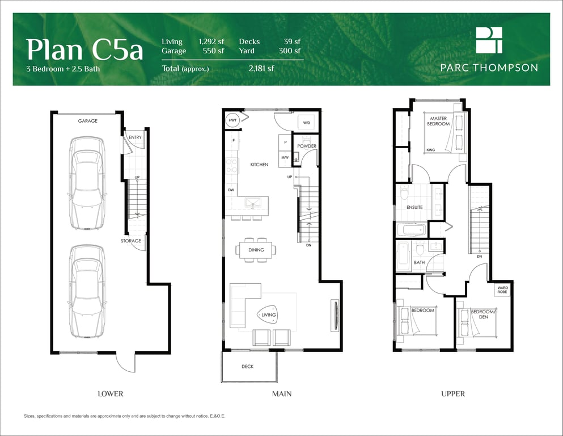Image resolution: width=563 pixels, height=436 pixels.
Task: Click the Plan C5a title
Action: pos(84,49)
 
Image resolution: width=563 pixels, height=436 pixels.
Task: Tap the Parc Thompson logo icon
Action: pos(489,40)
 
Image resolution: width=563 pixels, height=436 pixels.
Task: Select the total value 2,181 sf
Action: pos(261,68)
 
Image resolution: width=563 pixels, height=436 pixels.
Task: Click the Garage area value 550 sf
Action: pos(213,51)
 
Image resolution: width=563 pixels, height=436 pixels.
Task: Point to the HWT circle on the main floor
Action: pos(232,120)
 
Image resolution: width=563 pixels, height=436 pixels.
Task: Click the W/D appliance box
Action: pos(307,122)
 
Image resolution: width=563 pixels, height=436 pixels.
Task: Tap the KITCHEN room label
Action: pos(259,165)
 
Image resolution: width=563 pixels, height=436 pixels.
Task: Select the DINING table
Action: pos(256,250)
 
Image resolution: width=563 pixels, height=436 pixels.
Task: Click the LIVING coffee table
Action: pos(268,315)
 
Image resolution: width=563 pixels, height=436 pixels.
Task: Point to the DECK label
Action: pos(247,367)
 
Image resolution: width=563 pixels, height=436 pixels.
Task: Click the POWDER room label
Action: pos(307,146)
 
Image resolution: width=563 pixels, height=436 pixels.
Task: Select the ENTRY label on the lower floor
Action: pos(135,137)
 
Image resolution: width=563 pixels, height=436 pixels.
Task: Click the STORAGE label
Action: pos(131,241)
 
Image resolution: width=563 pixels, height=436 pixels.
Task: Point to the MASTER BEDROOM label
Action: pos(438,121)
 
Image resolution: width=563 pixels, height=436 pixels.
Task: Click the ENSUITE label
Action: pos(414,207)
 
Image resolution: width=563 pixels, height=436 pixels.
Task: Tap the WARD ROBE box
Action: pos(502,290)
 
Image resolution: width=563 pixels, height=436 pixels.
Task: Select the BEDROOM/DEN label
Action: pos(483,314)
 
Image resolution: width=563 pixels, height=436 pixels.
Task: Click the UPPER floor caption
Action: pos(453,394)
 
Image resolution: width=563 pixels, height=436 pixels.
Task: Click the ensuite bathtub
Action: pos(412,229)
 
